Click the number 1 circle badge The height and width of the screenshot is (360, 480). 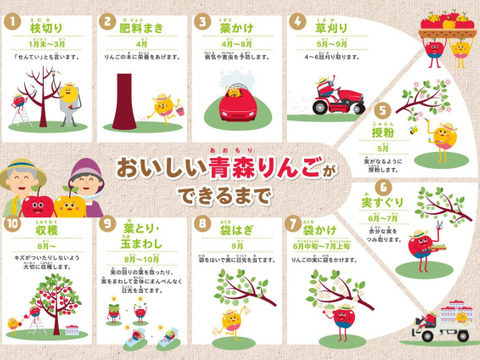pyautogui.click(x=12, y=20)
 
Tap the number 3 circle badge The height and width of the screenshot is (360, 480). pyautogui.click(x=202, y=20)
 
